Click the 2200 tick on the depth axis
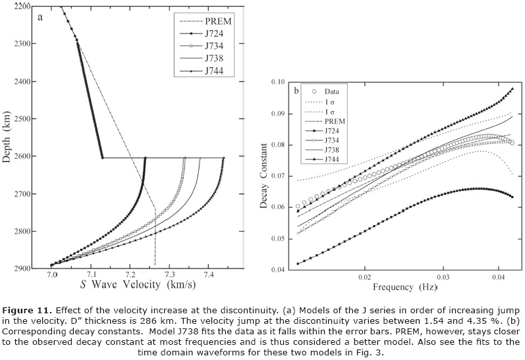[x=27, y=6]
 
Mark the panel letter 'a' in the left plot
[x=41, y=17]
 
